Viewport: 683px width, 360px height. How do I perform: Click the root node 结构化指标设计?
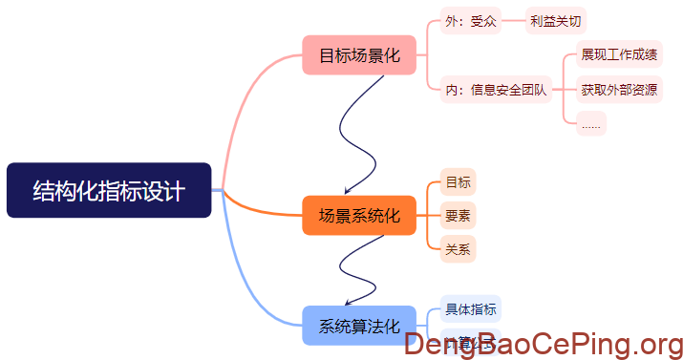pos(109,190)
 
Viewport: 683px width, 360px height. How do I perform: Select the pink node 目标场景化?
pos(358,55)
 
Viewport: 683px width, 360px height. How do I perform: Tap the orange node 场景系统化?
pos(358,215)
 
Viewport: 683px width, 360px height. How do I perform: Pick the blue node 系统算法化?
pos(358,325)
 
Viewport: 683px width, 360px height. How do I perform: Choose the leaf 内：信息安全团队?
pos(495,90)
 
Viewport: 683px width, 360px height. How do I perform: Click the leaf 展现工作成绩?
pos(618,54)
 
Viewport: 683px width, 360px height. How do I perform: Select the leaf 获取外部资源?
pos(618,90)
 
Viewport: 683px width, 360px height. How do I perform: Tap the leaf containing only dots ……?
pos(591,123)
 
